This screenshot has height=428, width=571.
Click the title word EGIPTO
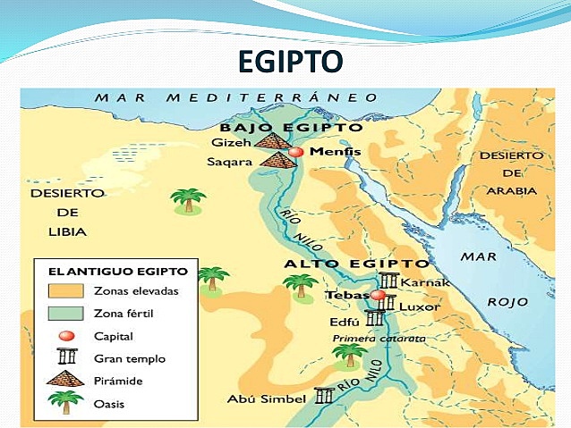(x=291, y=63)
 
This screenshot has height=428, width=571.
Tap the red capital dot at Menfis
(x=296, y=153)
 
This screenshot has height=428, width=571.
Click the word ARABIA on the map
(x=511, y=190)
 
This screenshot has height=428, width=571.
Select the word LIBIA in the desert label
(x=68, y=231)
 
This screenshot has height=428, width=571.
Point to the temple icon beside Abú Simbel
(x=324, y=396)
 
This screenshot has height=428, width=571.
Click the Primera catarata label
(x=379, y=339)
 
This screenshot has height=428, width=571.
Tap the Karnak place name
(x=420, y=282)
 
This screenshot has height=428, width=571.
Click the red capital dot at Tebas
(x=379, y=295)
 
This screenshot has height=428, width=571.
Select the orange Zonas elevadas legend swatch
(x=64, y=290)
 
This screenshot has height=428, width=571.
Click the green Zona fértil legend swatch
(x=64, y=314)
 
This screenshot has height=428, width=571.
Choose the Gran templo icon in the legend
(x=64, y=358)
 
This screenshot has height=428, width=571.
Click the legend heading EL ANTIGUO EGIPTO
(x=105, y=271)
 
